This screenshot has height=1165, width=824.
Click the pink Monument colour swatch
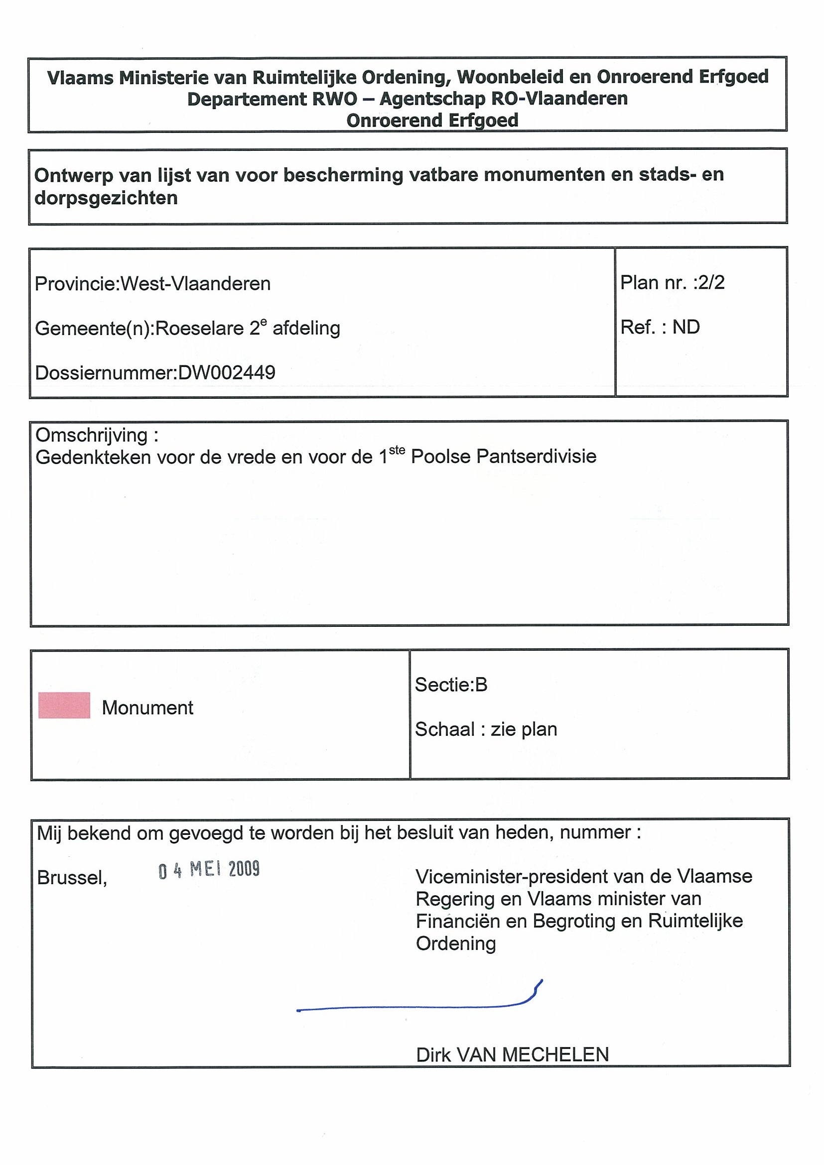tap(64, 705)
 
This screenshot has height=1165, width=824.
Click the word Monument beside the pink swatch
tap(147, 707)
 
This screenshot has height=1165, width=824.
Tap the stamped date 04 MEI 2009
tap(209, 870)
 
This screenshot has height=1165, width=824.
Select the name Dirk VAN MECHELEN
tap(512, 1054)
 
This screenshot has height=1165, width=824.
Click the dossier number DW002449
tap(227, 373)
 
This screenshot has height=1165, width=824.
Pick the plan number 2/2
tap(711, 283)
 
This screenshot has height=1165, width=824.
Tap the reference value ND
tap(686, 327)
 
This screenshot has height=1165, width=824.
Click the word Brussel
tap(72, 877)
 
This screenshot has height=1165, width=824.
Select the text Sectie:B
tap(451, 685)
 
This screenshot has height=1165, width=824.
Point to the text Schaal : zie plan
tap(486, 729)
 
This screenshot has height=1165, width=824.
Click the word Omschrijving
tap(91, 435)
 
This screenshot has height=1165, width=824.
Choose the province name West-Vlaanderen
tap(195, 284)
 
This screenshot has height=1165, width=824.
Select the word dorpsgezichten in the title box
tap(106, 198)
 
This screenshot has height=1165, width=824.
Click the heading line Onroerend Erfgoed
tap(432, 120)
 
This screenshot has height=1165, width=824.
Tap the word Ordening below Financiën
tap(455, 943)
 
